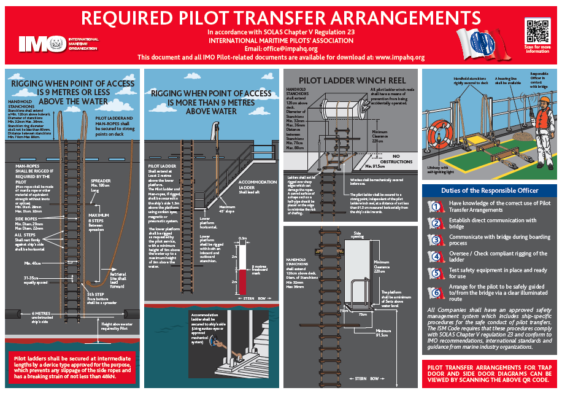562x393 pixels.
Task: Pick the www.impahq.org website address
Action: coord(399,57)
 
